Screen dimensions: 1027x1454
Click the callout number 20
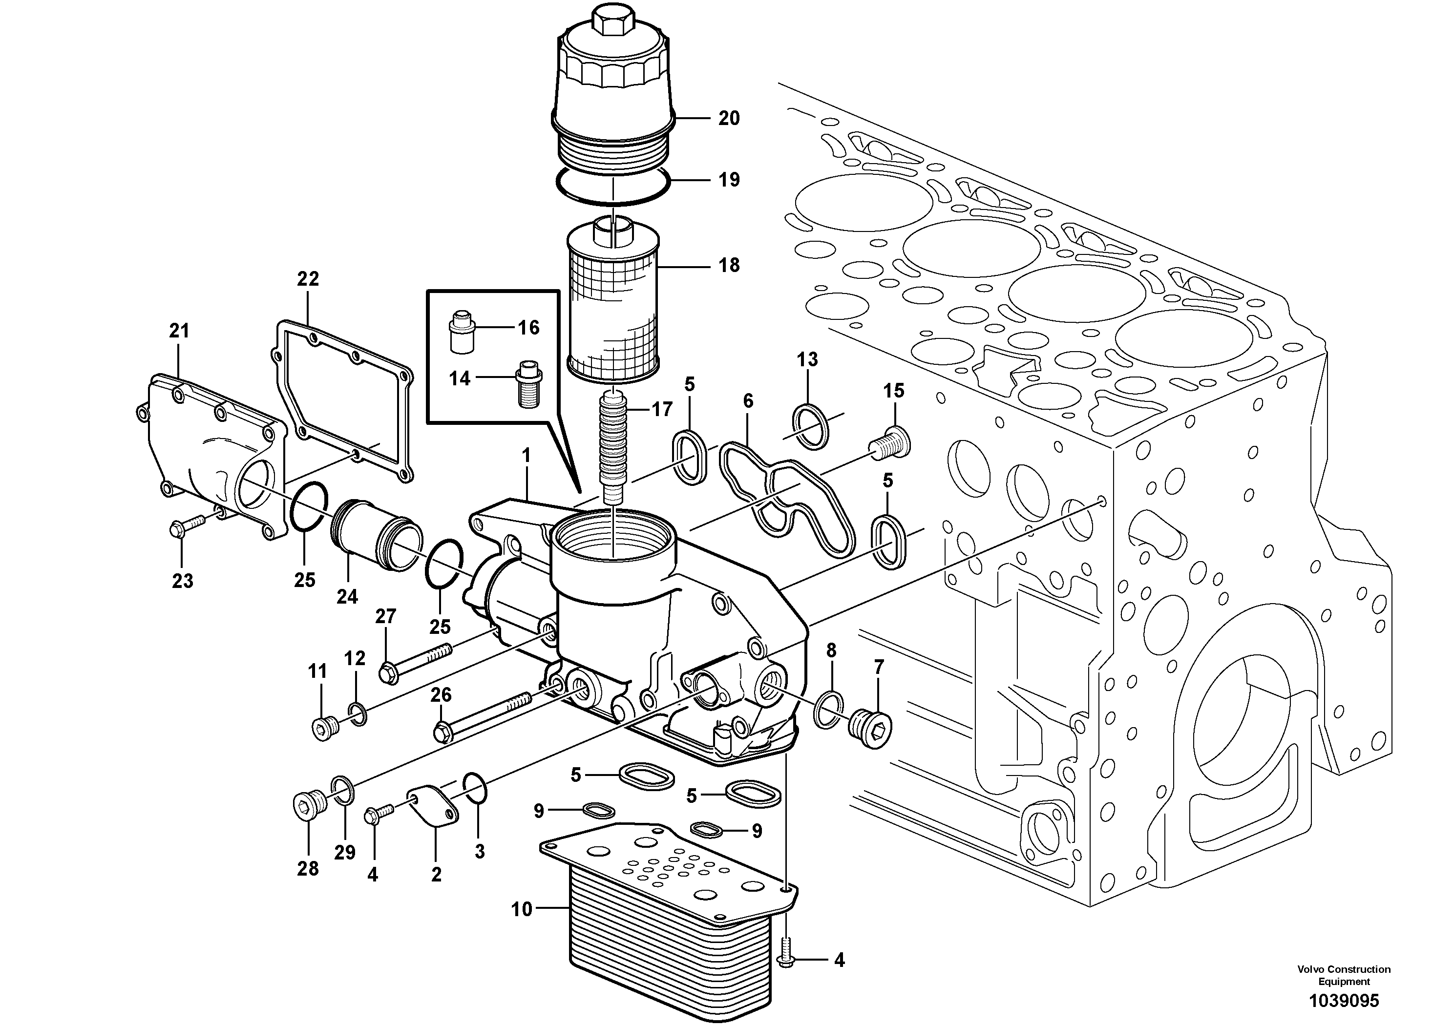(x=729, y=118)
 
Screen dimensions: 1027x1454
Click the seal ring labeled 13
(x=811, y=426)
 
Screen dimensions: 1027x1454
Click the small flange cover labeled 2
(x=434, y=806)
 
